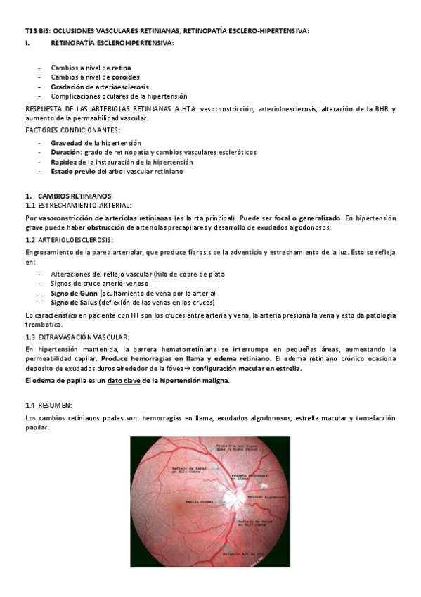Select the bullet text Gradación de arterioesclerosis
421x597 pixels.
(99, 86)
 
